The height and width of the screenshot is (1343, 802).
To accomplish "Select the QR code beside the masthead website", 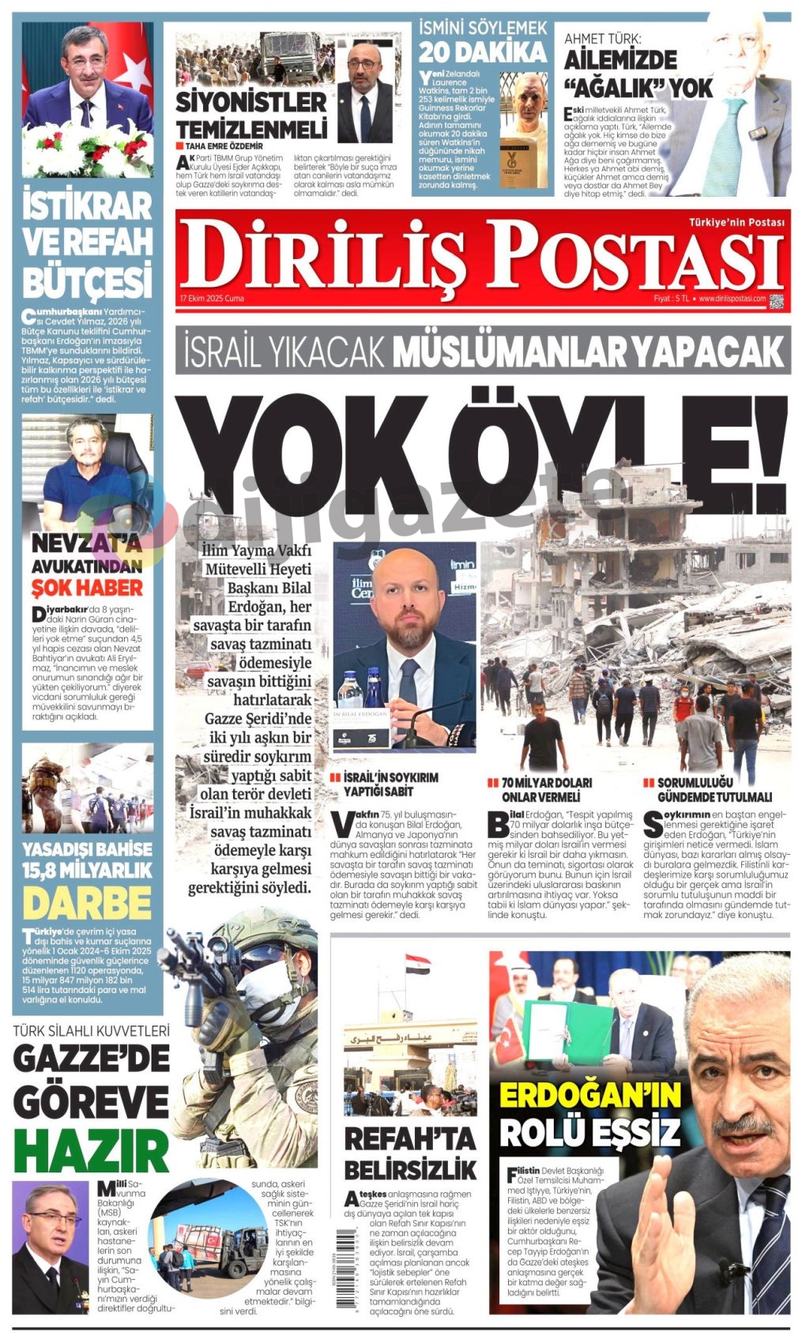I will point(776,300).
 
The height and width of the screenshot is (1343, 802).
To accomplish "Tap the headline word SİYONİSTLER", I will point(250,101).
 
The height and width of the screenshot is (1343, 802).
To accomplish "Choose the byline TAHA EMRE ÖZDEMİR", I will point(224,145).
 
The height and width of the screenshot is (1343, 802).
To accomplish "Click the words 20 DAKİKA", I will point(482,52).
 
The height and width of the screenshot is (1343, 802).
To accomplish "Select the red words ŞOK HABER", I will point(87,588).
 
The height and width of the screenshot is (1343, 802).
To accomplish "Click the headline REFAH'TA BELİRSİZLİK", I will point(410,1153).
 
